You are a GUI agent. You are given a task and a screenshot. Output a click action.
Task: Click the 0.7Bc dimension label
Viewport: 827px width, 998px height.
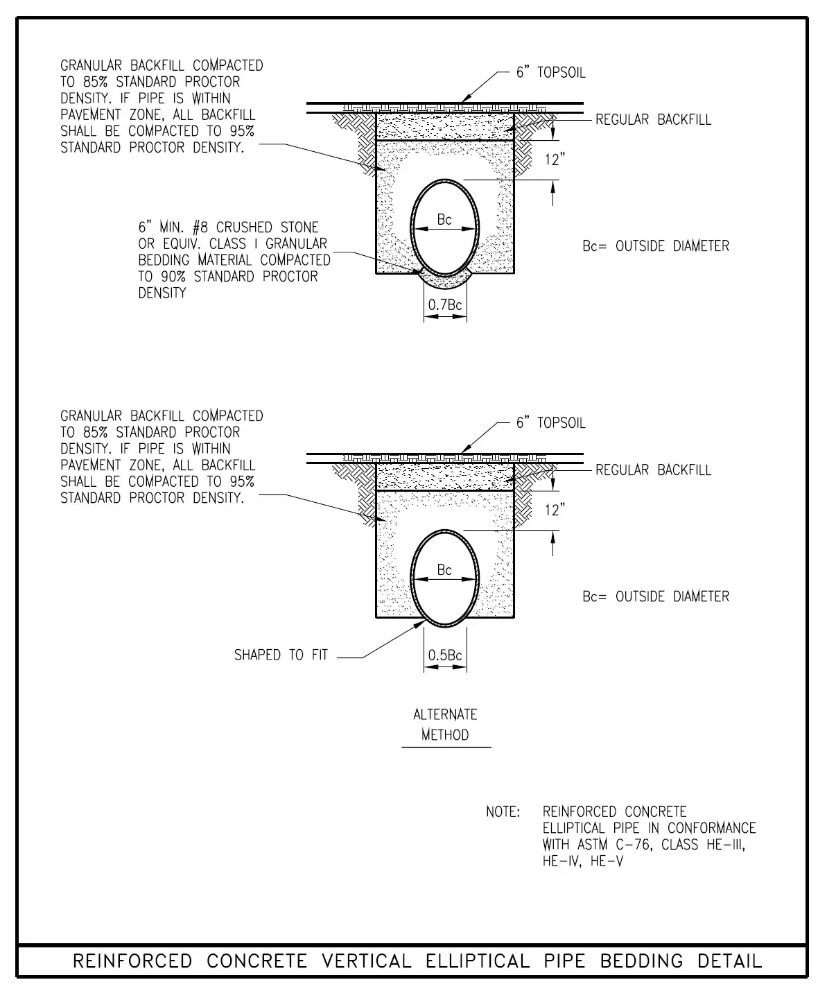coord(445,304)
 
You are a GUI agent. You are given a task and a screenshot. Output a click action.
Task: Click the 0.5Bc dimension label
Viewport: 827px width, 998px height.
coord(445,655)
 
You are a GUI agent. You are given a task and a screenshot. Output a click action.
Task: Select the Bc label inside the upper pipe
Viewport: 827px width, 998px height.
coord(444,220)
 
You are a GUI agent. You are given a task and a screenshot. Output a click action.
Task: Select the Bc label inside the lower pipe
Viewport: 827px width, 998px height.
coord(444,570)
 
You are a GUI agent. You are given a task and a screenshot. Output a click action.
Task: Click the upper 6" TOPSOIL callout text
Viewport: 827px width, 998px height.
coord(550,73)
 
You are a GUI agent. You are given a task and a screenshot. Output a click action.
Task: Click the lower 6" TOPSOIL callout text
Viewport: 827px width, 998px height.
coord(550,423)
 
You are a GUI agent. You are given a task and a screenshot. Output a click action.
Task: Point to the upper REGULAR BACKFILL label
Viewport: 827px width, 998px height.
coord(653,119)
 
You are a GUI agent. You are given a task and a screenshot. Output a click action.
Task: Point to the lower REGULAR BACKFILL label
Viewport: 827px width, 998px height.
coord(653,470)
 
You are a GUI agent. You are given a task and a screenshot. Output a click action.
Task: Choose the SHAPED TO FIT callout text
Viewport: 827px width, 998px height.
coord(281,655)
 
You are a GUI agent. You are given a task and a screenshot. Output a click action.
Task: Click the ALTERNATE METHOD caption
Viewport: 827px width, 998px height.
coord(445,725)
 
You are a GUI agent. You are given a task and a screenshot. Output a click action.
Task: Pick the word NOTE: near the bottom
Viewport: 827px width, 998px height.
coord(503,811)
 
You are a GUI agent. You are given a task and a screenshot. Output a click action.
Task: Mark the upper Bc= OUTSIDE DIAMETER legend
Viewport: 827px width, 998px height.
coord(656,246)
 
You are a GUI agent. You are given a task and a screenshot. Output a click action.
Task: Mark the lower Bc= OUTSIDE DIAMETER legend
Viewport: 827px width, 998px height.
coord(656,596)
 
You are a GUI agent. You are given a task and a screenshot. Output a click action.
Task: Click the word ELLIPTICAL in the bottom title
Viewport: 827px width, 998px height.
coord(474,961)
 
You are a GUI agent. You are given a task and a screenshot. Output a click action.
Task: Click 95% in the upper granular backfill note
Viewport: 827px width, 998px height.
coord(242,131)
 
